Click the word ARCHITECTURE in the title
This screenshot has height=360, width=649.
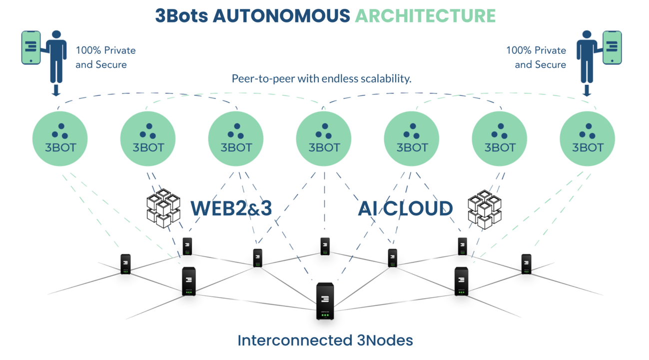pos(425,15)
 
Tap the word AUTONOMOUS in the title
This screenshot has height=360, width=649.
pos(281,15)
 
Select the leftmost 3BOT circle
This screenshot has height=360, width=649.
pos(60,138)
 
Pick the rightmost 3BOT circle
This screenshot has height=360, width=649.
pos(587,138)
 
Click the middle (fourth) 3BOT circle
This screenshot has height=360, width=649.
pos(324,138)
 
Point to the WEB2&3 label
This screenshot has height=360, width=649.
pos(231,208)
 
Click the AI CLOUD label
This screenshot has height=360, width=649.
pos(405,208)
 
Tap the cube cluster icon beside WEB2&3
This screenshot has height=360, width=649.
pos(163,208)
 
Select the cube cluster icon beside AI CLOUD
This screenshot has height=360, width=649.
pos(485,209)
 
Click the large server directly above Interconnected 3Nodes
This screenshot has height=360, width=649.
pos(325,301)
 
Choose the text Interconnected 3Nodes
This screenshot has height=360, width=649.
pos(325,341)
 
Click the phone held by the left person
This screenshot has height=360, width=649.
pos(31,47)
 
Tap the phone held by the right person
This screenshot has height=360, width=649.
pos(612,47)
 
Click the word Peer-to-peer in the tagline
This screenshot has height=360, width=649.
pos(257,78)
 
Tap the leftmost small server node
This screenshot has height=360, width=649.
pos(125,264)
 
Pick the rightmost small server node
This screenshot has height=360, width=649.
pos(526,264)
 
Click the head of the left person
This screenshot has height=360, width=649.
pos(56,35)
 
